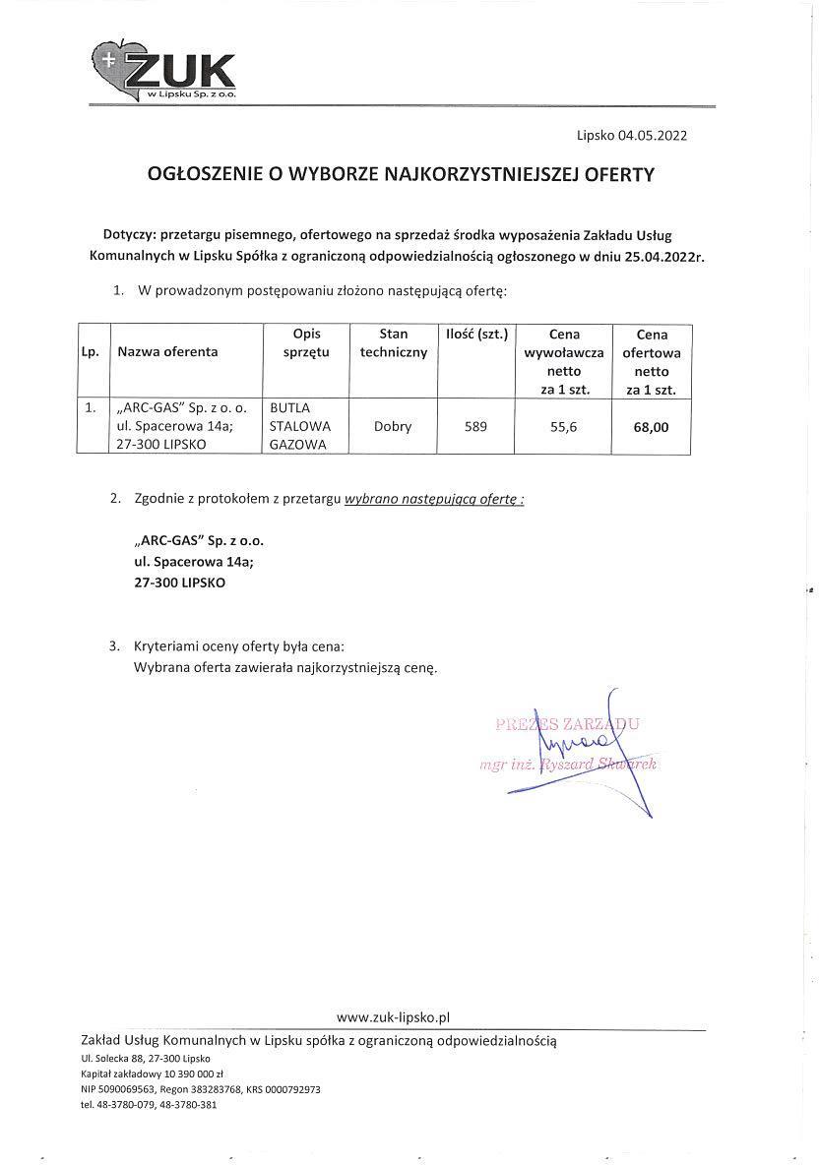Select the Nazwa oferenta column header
pos(167,351)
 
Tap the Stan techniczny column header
pos(393,342)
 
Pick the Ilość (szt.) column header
pos(476,334)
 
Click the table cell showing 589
pos(475,427)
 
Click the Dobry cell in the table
pos(393,427)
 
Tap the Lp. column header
pos(91,351)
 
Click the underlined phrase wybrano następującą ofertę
pos(434,499)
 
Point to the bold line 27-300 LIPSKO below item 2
pos(180,582)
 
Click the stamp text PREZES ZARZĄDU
pos(568,725)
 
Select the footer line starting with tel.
pos(149,1105)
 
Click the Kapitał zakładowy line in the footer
pos(153,1073)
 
